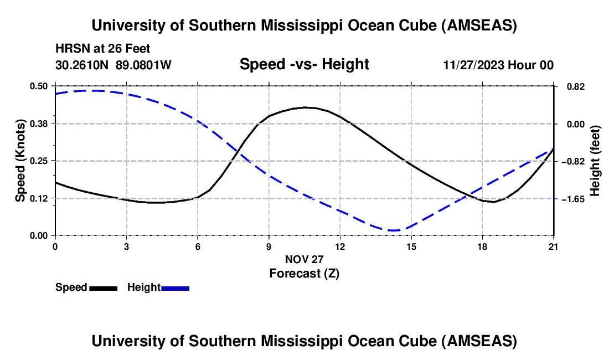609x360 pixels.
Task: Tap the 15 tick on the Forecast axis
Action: pos(411,246)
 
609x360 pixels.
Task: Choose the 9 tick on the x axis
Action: pos(269,246)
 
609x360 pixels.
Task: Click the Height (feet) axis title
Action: pos(595,161)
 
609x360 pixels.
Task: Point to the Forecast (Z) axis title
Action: pos(304,273)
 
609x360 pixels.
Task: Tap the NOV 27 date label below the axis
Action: pos(304,259)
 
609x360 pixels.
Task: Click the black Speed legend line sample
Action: pos(103,288)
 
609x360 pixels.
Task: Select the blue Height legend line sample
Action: pos(175,288)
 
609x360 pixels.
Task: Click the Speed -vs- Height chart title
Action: pos(304,65)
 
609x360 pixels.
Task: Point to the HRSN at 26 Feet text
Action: pos(103,49)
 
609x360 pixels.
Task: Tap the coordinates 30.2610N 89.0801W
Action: pos(113,65)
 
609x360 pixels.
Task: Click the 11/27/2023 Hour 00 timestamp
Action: pos(498,65)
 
